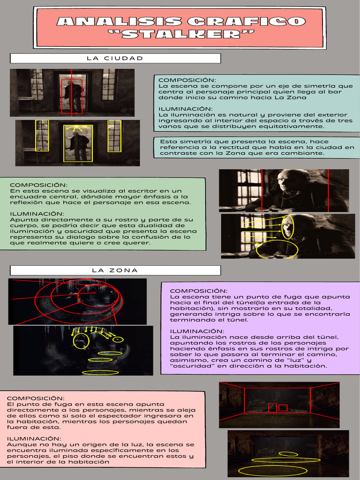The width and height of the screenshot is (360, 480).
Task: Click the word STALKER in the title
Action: point(180,34)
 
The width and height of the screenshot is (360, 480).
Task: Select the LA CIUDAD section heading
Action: point(115,58)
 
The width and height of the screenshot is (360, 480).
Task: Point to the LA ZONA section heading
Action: point(115,270)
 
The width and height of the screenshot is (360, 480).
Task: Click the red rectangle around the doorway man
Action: point(72,94)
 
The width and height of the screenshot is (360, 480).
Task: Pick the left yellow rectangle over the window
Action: point(42,135)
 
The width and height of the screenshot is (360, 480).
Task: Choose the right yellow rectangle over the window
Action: point(114,136)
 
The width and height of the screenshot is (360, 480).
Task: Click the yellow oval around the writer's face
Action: point(288,226)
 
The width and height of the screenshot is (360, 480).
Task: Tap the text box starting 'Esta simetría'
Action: point(257,147)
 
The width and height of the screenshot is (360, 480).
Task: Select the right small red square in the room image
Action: point(283,408)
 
